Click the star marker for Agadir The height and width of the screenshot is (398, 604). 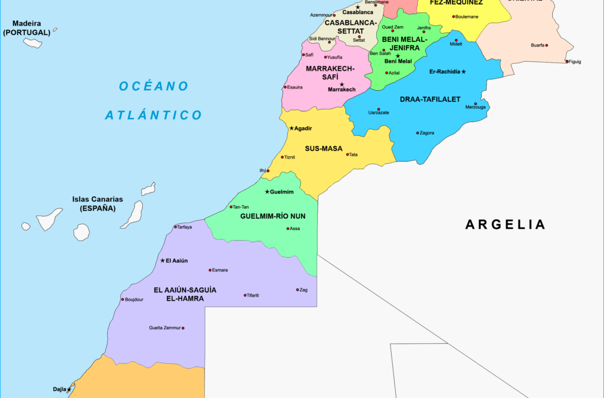(291, 128)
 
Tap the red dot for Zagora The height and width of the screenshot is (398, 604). (418, 133)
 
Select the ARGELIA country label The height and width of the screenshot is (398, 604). (505, 224)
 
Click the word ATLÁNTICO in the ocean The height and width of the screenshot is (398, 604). (153, 115)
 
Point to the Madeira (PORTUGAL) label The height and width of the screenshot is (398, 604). (27, 28)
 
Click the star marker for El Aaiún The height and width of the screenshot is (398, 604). (163, 261)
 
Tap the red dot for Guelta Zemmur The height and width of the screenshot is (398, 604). (183, 328)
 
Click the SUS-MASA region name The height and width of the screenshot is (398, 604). (323, 149)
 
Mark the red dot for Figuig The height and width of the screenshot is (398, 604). (567, 61)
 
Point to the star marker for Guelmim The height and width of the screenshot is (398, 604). (267, 192)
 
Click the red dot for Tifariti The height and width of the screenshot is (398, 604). (245, 295)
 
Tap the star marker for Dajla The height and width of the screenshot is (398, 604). (69, 389)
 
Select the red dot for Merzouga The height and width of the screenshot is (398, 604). (475, 104)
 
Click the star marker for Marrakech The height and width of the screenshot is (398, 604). (342, 84)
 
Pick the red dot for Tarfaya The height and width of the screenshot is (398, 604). (175, 227)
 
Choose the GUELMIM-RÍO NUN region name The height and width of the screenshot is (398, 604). (273, 216)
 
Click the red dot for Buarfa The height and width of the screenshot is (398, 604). (547, 45)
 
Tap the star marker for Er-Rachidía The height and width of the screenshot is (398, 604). (464, 72)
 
